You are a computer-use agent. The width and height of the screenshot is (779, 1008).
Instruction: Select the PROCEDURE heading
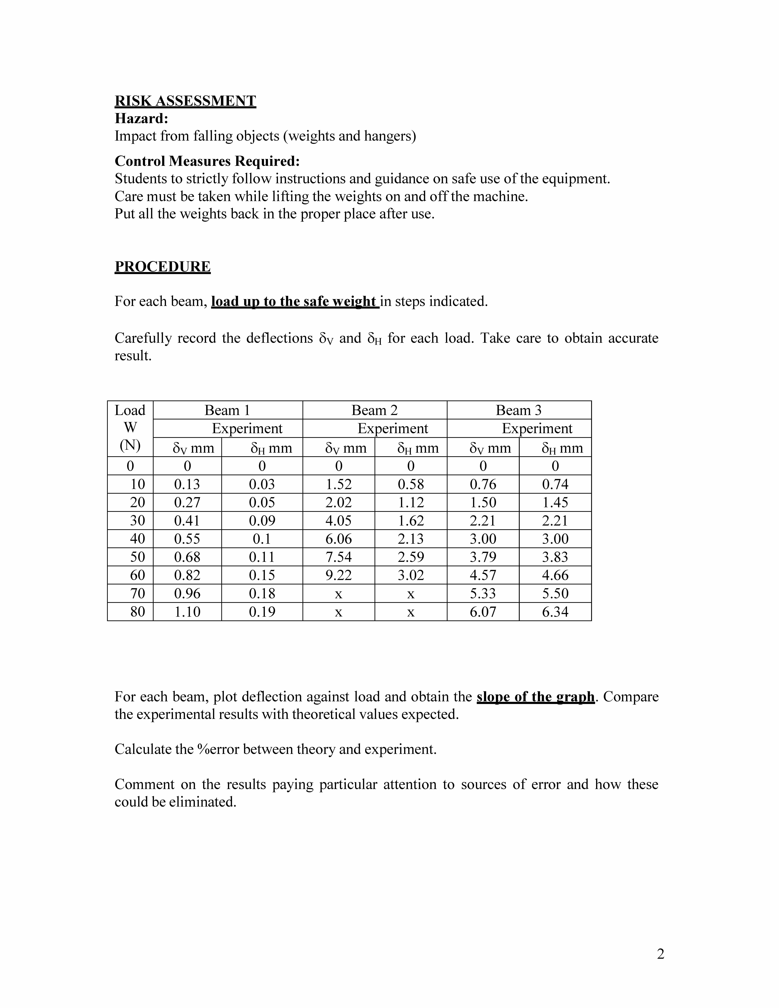(162, 267)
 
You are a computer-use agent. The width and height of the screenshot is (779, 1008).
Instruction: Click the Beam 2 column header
(374, 410)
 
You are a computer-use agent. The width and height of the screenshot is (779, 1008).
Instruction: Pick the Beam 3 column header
(519, 410)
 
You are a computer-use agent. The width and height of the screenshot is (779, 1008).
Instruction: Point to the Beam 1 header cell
(228, 410)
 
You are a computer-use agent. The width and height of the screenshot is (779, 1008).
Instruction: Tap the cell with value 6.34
(555, 612)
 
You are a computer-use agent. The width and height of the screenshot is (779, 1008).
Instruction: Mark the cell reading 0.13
(187, 484)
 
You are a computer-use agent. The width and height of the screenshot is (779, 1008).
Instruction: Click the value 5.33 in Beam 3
(483, 594)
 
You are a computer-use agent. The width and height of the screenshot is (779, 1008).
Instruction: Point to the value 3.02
(411, 575)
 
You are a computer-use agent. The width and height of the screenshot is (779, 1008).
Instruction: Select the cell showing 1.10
(187, 612)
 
